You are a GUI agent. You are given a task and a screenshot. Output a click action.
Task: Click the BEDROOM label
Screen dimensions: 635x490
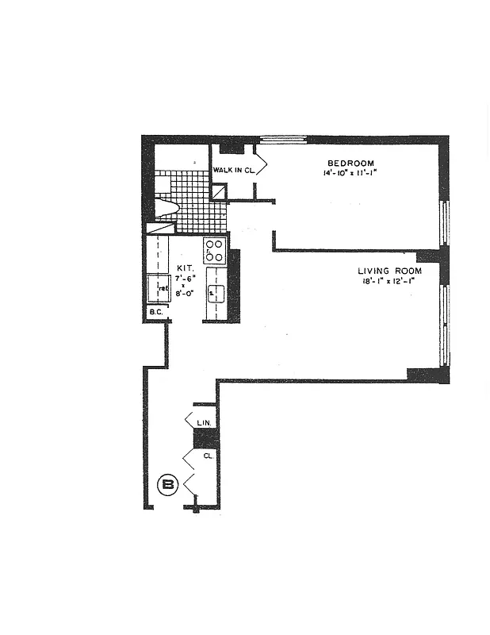click(351, 164)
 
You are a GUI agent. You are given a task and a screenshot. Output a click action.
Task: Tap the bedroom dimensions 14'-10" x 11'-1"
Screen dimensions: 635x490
click(354, 173)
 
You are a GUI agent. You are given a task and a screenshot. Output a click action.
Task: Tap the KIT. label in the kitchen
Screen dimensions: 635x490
click(185, 268)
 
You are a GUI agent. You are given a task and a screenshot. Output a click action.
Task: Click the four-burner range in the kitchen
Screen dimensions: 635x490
click(214, 251)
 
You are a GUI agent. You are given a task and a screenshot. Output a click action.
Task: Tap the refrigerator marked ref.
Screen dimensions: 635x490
click(158, 289)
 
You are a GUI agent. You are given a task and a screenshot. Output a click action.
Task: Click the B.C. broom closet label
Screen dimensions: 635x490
click(156, 313)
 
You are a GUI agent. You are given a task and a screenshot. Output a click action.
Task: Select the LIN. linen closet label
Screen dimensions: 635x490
click(204, 423)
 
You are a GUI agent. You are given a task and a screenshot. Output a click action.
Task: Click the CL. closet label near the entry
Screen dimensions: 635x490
click(207, 456)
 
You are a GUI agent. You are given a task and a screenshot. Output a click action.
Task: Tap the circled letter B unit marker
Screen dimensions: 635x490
click(168, 484)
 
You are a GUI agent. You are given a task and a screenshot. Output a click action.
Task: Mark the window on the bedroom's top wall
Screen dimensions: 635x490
click(283, 140)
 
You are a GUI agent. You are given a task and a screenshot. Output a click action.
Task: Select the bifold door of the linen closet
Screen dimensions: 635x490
click(190, 420)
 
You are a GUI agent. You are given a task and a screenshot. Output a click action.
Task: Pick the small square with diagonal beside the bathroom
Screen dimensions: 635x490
click(219, 192)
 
